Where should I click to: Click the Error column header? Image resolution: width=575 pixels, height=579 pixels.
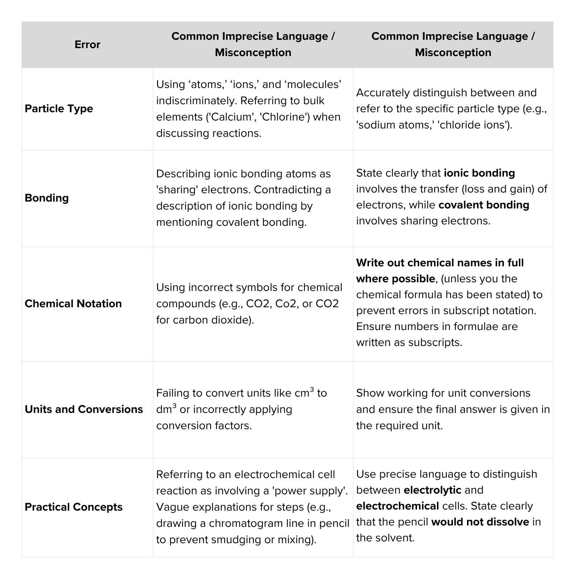click(x=87, y=45)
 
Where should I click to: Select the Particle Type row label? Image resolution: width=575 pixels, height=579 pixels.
click(x=59, y=109)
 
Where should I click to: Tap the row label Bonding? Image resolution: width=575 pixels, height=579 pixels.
click(x=46, y=198)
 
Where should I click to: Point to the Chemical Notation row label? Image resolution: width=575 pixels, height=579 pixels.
click(x=73, y=303)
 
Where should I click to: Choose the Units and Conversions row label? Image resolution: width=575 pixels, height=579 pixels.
click(x=84, y=409)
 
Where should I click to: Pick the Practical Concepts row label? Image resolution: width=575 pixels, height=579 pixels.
click(x=74, y=507)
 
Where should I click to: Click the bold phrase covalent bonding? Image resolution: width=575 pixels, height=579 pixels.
click(x=484, y=205)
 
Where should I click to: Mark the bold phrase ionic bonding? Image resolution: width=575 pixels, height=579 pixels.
click(x=479, y=173)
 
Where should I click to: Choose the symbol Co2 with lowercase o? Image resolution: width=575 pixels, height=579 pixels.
click(x=287, y=303)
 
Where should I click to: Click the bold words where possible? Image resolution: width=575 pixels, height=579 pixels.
click(x=395, y=279)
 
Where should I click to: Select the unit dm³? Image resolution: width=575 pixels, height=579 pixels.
click(x=166, y=409)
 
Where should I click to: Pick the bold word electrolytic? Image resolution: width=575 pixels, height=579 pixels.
click(x=432, y=490)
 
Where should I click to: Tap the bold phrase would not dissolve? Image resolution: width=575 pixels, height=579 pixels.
click(x=480, y=522)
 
